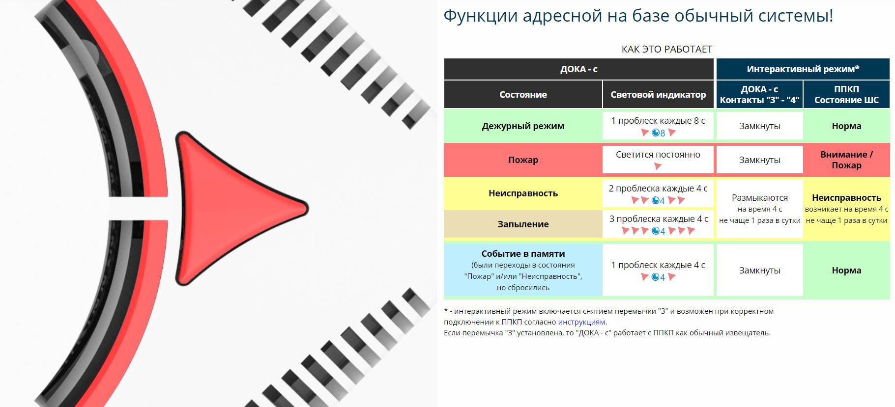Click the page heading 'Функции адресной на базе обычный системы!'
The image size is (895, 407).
[x=638, y=16]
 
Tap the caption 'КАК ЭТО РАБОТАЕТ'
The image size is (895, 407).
[x=666, y=49]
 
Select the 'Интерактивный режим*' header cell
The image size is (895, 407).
[x=803, y=69]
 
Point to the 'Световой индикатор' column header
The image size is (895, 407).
[x=658, y=95]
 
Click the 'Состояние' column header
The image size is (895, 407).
[x=523, y=95]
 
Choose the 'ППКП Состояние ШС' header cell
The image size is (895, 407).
[x=846, y=95]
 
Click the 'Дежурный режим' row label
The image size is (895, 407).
[x=523, y=126]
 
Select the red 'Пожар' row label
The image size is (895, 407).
[x=523, y=160]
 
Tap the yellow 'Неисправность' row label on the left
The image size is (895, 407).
[x=523, y=193]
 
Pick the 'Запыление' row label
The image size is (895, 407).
[x=523, y=224]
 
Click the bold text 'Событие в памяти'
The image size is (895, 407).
[x=523, y=254]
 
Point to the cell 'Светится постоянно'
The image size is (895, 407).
[x=658, y=160]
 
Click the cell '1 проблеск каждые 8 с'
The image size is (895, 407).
[x=658, y=126]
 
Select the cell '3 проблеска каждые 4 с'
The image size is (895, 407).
[x=658, y=224]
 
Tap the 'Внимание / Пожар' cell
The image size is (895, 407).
[x=846, y=160]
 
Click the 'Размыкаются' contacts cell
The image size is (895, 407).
[x=760, y=209]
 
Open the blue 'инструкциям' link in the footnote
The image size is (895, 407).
[x=581, y=322]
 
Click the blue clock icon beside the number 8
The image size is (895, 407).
[x=655, y=133]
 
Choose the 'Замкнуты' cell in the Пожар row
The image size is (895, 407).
[x=760, y=160]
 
